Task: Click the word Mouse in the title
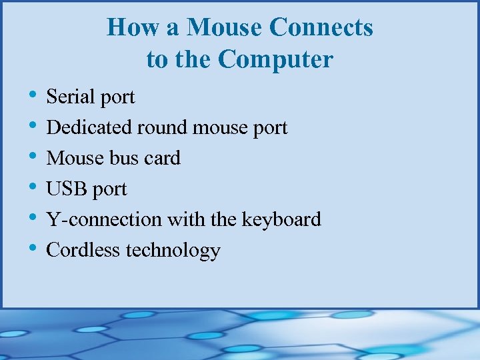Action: point(225,27)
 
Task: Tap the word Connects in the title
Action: point(322,27)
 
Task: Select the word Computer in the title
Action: point(275,59)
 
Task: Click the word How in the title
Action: point(129,27)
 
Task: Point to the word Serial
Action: point(68,97)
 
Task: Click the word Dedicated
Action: point(89,127)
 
